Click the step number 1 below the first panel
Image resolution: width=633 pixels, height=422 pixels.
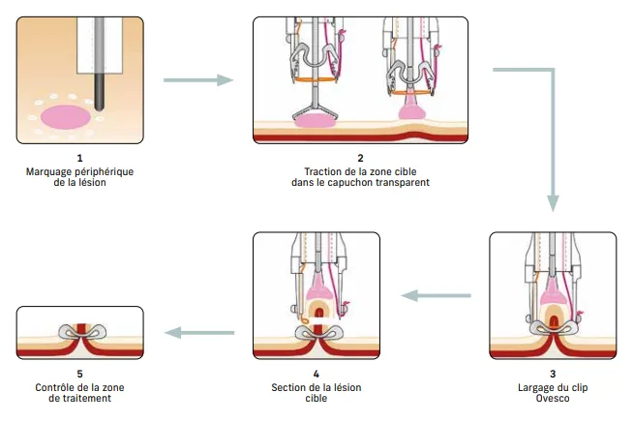pyautogui.click(x=79, y=158)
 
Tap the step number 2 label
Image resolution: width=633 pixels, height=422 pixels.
pyautogui.click(x=360, y=158)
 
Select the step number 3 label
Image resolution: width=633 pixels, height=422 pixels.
pyautogui.click(x=552, y=373)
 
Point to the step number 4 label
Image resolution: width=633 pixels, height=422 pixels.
pyautogui.click(x=316, y=373)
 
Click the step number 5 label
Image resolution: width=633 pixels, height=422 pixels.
pyautogui.click(x=79, y=373)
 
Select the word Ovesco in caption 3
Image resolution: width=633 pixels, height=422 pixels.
pyautogui.click(x=552, y=397)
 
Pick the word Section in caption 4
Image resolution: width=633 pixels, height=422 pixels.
pyautogui.click(x=289, y=385)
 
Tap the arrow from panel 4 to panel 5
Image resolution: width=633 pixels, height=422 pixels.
pyautogui.click(x=200, y=333)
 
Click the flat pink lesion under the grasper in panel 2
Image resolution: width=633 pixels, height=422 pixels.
pyautogui.click(x=316, y=122)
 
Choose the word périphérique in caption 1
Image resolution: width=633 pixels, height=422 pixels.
pyautogui.click(x=105, y=170)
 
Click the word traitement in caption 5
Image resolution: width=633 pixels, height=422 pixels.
pyautogui.click(x=79, y=397)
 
